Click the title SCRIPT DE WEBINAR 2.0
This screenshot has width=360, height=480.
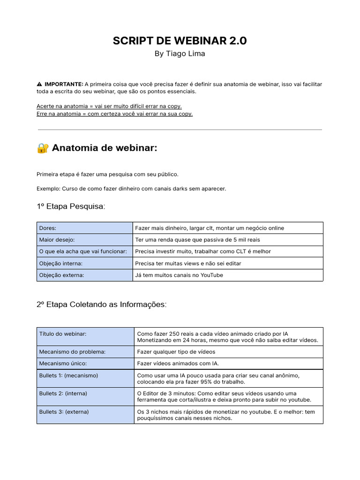click(x=180, y=41)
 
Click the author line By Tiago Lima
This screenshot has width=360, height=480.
click(x=180, y=53)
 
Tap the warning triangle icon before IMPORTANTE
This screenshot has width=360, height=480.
click(x=39, y=84)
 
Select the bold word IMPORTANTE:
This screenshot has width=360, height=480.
click(x=64, y=84)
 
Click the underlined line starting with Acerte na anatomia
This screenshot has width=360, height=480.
click(x=109, y=106)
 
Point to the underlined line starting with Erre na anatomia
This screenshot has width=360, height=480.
click(x=114, y=113)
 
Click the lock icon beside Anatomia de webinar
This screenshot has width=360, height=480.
click(x=43, y=148)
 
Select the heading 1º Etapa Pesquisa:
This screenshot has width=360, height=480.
click(x=71, y=207)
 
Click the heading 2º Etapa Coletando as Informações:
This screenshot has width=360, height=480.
click(x=101, y=304)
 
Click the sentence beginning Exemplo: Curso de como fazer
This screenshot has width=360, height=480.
click(x=131, y=188)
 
